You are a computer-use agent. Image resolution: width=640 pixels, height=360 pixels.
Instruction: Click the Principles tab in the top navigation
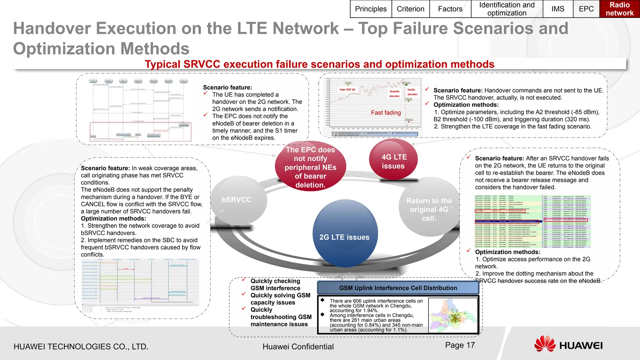coord(371,9)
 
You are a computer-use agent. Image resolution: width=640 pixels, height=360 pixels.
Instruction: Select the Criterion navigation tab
coord(410,9)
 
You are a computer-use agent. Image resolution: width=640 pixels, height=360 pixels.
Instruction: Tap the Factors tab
coord(450,9)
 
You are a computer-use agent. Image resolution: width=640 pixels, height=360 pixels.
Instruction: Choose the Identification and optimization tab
coord(507,9)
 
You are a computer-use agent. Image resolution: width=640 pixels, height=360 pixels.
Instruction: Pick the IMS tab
coord(558,9)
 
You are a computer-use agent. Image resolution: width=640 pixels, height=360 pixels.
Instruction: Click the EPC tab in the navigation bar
coord(586,9)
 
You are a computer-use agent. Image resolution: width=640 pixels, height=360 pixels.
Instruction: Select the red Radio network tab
coord(619,9)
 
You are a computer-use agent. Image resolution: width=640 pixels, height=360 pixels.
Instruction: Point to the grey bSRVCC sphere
coord(237,200)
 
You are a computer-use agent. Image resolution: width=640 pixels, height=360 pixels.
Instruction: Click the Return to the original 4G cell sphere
coord(429,209)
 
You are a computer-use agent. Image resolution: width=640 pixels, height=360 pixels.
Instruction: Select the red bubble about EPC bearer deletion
coord(310,167)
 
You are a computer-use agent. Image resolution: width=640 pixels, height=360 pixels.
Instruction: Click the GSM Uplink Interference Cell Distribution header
coord(398,288)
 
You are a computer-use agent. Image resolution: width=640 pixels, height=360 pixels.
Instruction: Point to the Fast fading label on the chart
coord(386,113)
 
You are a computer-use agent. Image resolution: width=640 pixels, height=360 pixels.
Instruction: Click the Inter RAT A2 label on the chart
coord(347,90)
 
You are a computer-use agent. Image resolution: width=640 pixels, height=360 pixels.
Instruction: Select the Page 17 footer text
coord(460,345)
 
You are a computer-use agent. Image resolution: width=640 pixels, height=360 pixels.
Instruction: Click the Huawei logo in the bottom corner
coord(568,345)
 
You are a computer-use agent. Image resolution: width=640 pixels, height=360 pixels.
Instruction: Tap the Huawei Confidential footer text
coord(298,347)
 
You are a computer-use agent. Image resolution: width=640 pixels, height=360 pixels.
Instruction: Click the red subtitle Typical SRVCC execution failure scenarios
coord(319,64)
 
